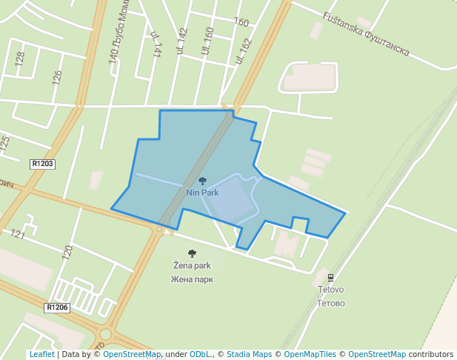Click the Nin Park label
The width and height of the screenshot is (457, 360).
pos(202,193)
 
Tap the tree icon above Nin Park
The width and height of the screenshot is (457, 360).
pos(202,181)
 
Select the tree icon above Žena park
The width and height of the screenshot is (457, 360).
pos(193,253)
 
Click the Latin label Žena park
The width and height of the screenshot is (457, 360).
pos(192,265)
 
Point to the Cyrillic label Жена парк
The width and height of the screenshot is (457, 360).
pos(192,279)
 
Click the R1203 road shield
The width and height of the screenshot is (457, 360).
pos(43,164)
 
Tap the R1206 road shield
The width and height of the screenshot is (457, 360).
pos(57,307)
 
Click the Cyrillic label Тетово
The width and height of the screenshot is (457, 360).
pos(331,303)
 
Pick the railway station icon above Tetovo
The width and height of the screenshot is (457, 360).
pos(331,279)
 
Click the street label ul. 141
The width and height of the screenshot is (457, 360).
pos(156,44)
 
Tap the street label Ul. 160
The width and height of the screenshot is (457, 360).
pos(208,41)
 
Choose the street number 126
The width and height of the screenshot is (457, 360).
pos(57,77)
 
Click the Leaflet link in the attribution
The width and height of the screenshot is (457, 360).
pos(41,355)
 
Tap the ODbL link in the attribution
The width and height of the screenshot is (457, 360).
pos(199,355)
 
